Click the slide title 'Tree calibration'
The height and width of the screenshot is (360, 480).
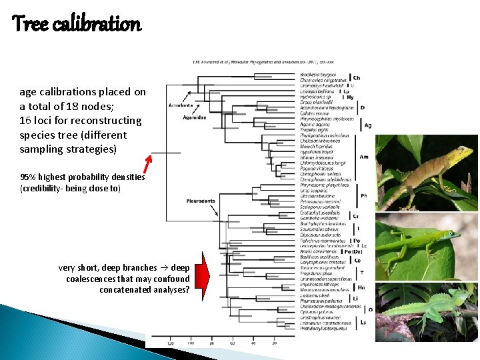77,25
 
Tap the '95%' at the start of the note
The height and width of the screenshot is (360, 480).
28,177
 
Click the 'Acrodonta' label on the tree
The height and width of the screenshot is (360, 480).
181,105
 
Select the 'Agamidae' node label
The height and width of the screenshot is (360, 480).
194,117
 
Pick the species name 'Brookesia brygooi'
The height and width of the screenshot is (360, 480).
318,75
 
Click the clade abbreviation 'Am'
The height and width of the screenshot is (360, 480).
364,157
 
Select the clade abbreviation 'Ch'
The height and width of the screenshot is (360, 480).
357,78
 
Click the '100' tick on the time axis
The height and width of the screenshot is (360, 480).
191,343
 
